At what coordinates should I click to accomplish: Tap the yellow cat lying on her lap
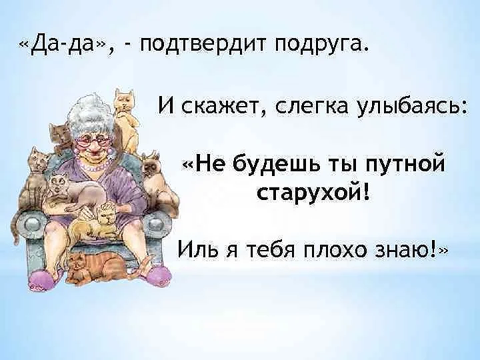coord(95,223)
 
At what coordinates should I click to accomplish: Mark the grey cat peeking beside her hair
coord(62,135)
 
